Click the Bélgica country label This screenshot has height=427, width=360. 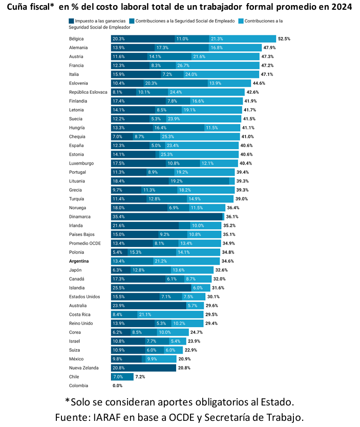click(77, 39)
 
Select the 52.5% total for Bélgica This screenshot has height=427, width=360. click(284, 39)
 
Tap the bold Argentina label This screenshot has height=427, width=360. click(82, 261)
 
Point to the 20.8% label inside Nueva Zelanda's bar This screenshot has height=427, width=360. click(118, 368)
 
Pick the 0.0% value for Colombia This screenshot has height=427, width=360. click(118, 385)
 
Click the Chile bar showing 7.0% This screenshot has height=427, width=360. click(122, 377)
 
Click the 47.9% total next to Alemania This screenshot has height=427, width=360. click(270, 48)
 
